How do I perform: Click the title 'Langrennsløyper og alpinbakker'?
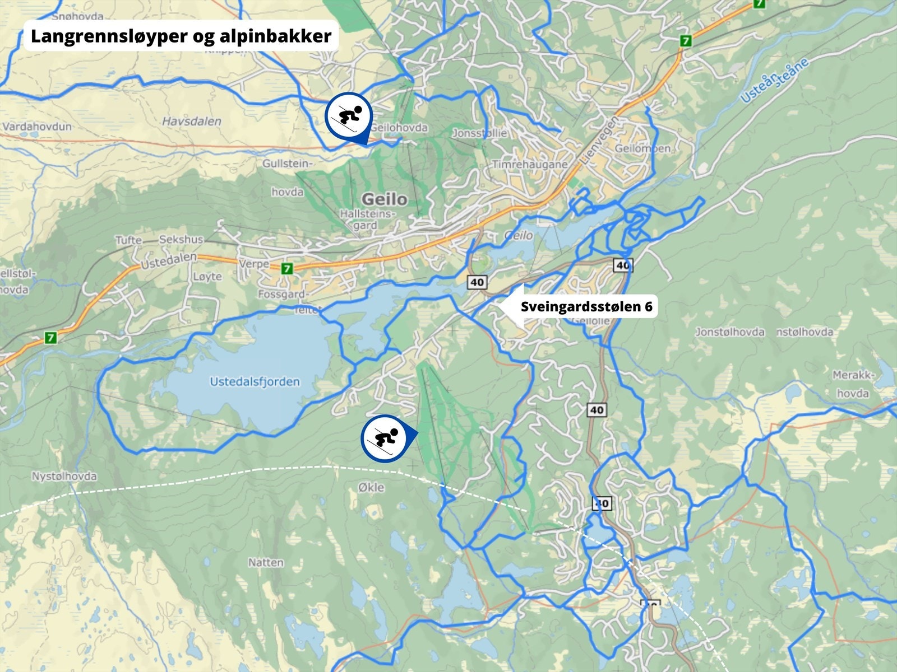pyautogui.click(x=181, y=36)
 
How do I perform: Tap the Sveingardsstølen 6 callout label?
pyautogui.click(x=586, y=306)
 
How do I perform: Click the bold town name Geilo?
pyautogui.click(x=385, y=199)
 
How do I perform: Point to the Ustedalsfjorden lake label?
pyautogui.click(x=255, y=382)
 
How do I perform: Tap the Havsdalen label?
pyautogui.click(x=192, y=121)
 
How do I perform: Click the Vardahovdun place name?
pyautogui.click(x=37, y=127)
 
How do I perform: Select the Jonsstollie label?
pyautogui.click(x=479, y=133)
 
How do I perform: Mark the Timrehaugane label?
pyautogui.click(x=530, y=165)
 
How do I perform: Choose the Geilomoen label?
pyautogui.click(x=642, y=149)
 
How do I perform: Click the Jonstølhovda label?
pyautogui.click(x=730, y=332)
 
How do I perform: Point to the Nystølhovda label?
pyautogui.click(x=64, y=477)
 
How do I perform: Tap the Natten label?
pyautogui.click(x=266, y=562)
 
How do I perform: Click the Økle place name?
pyautogui.click(x=371, y=487)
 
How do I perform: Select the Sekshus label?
pyautogui.click(x=181, y=240)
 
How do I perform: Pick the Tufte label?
pyautogui.click(x=128, y=240)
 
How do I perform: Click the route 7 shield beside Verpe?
pyautogui.click(x=287, y=269)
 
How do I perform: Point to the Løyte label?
pyautogui.click(x=207, y=277)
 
